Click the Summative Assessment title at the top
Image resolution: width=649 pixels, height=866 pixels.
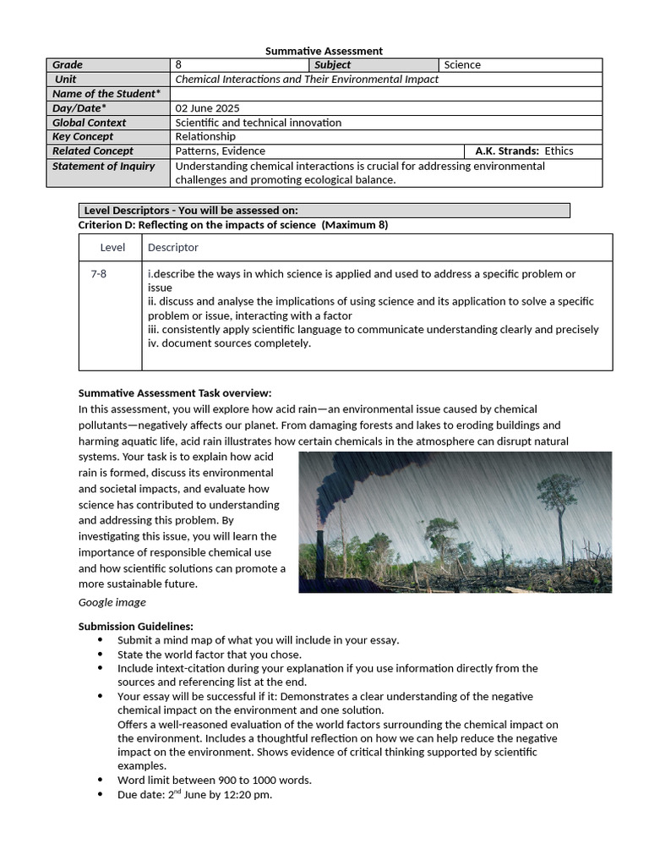click(x=324, y=51)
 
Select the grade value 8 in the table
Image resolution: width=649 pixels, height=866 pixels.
click(x=178, y=65)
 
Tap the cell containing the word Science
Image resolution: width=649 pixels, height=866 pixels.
click(x=462, y=65)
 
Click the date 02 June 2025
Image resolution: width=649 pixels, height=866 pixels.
click(x=207, y=108)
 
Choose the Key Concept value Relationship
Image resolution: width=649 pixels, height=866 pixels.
click(x=205, y=137)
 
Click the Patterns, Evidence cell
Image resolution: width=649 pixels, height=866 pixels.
click(x=220, y=151)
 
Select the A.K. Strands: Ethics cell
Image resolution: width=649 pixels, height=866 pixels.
click(x=524, y=151)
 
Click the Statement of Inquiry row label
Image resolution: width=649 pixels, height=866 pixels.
click(x=103, y=167)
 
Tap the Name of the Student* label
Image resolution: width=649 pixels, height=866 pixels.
click(x=106, y=94)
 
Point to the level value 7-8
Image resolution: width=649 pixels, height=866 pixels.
click(x=99, y=274)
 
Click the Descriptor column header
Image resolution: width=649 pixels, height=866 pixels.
click(x=173, y=248)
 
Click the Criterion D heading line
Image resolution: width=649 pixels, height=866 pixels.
click(x=233, y=225)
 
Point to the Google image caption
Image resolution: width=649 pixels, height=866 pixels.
click(x=112, y=603)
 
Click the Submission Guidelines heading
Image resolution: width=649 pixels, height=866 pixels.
click(x=136, y=627)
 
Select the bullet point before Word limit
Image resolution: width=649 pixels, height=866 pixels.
click(x=100, y=781)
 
